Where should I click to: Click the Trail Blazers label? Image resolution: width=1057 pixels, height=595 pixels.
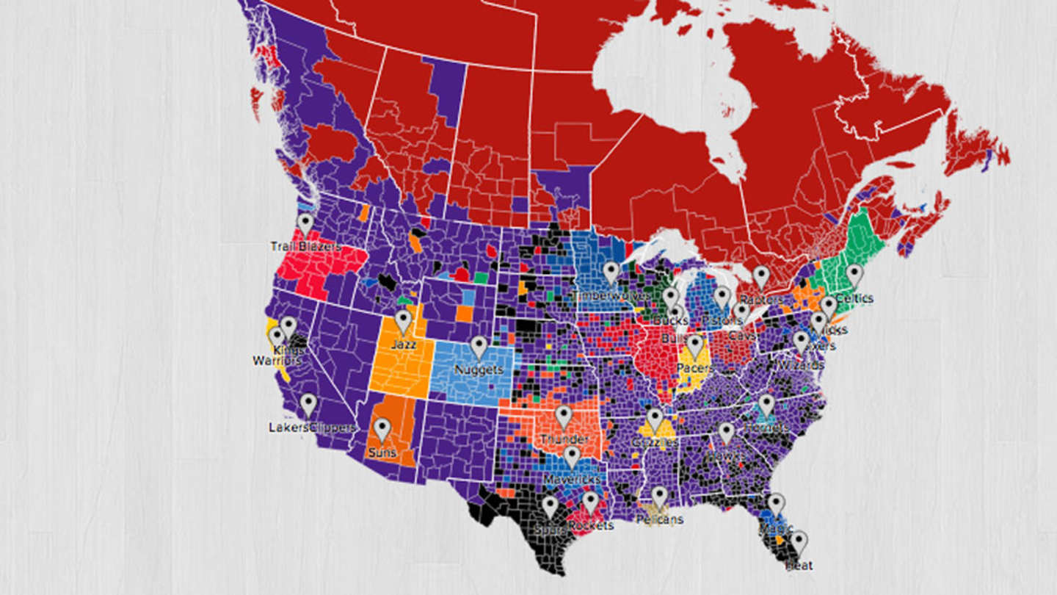(x=305, y=247)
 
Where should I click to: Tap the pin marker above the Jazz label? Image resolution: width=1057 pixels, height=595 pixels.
(x=403, y=321)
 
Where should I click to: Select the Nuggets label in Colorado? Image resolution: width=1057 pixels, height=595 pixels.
(x=479, y=369)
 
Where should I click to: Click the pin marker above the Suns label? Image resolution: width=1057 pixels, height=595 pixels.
(x=382, y=429)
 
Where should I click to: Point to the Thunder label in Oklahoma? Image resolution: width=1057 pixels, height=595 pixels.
(x=564, y=439)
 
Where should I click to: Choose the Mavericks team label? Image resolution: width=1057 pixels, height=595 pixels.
(x=572, y=479)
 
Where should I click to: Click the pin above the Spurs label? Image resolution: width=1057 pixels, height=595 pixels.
(x=550, y=506)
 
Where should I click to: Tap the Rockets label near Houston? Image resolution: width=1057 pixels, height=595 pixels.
(x=592, y=526)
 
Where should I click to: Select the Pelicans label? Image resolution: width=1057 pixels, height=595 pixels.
(x=659, y=519)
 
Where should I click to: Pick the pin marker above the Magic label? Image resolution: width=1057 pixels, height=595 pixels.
(x=776, y=504)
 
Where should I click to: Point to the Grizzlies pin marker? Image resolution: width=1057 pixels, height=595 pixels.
(x=654, y=419)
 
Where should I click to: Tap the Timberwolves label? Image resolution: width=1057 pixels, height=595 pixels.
(x=610, y=295)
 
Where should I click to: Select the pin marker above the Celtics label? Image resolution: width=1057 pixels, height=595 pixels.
(x=853, y=275)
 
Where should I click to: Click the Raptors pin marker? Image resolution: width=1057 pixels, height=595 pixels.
(x=761, y=276)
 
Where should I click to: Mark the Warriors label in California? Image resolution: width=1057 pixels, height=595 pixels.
(x=277, y=361)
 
